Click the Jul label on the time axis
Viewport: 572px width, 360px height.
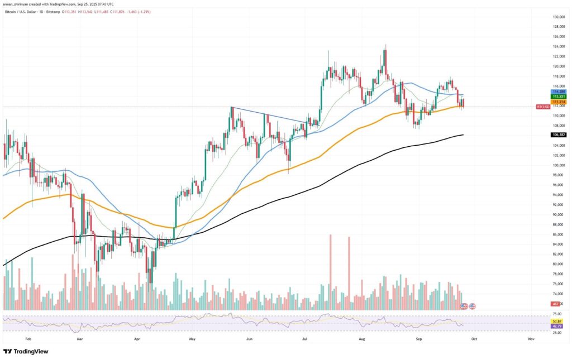click(x=304, y=338)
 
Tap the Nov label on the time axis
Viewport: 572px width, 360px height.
click(x=531, y=338)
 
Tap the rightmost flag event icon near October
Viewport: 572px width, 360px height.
click(x=473, y=306)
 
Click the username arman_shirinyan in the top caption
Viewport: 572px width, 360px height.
click(x=17, y=4)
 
